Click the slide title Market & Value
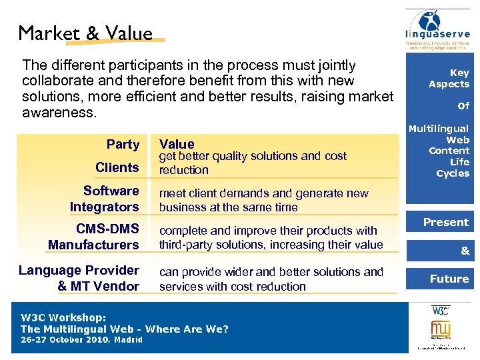tap(85, 33)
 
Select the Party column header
tap(123, 144)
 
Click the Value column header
tap(177, 144)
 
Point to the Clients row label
tap(117, 167)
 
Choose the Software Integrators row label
tap(104, 199)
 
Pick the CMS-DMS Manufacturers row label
tap(93, 237)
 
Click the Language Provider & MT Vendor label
tap(79, 278)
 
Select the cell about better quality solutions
tap(252, 163)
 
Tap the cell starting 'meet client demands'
tap(263, 200)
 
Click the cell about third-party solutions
tap(270, 237)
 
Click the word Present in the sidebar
tap(446, 222)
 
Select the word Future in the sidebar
tap(449, 279)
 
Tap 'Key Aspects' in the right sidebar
tap(449, 78)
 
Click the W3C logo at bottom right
tap(440, 310)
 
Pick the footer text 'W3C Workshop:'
tap(64, 317)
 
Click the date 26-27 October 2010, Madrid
tap(81, 339)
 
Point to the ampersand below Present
tap(465, 251)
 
